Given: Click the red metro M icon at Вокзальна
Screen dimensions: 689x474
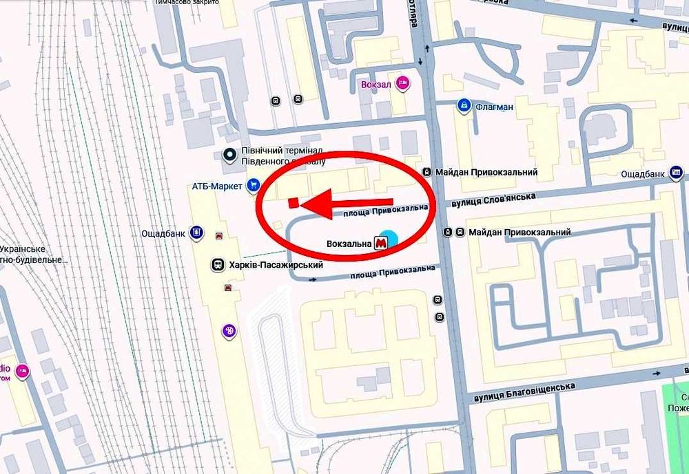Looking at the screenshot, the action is [x=380, y=242].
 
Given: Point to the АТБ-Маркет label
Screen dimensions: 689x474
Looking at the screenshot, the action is [x=217, y=186].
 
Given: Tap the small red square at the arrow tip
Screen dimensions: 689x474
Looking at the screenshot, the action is [x=292, y=202].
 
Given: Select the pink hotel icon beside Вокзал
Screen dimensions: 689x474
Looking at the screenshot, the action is [x=403, y=84].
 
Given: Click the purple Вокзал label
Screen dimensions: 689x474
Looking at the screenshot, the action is [x=376, y=85].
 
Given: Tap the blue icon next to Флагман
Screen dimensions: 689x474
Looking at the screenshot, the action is [x=463, y=106].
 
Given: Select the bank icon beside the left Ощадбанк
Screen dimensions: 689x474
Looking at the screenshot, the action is [x=197, y=233].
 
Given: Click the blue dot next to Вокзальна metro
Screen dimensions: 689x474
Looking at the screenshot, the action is [x=390, y=238].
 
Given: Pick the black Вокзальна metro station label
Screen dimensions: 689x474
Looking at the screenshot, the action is [x=349, y=243].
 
